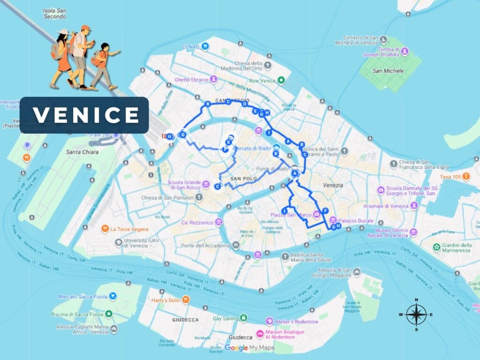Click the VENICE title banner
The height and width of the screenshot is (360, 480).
[84, 115]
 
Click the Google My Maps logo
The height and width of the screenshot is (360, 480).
[249, 347]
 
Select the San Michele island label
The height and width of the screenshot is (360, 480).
[388, 71]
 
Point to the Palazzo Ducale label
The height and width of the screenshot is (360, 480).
[356, 220]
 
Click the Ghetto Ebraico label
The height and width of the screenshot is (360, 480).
[191, 80]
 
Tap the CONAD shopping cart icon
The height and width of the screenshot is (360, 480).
[205, 46]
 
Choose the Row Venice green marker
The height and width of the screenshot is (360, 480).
[281, 81]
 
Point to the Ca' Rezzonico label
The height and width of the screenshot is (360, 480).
[197, 222]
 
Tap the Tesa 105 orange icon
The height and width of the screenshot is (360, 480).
[466, 176]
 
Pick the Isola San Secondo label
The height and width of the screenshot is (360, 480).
[54, 13]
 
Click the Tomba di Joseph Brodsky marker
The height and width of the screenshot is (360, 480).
[405, 51]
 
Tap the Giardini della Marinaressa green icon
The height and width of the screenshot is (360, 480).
[437, 247]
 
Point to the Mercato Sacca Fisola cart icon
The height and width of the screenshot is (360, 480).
[112, 296]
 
